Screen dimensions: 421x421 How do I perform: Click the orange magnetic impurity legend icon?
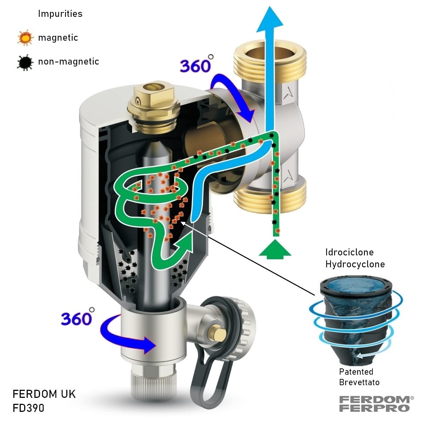[25, 38]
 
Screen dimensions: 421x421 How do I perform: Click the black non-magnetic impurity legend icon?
[25, 62]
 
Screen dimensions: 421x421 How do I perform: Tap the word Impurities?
[60, 14]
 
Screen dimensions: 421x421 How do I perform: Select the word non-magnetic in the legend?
[68, 62]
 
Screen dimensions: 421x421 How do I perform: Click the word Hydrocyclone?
[355, 264]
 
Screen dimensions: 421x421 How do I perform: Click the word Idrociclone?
[349, 252]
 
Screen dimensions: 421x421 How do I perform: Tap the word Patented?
[356, 372]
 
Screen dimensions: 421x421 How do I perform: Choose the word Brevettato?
[359, 382]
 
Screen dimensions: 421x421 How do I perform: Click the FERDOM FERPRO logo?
[374, 403]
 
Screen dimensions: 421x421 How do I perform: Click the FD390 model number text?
[28, 408]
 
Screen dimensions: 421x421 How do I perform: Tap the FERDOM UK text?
[44, 394]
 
